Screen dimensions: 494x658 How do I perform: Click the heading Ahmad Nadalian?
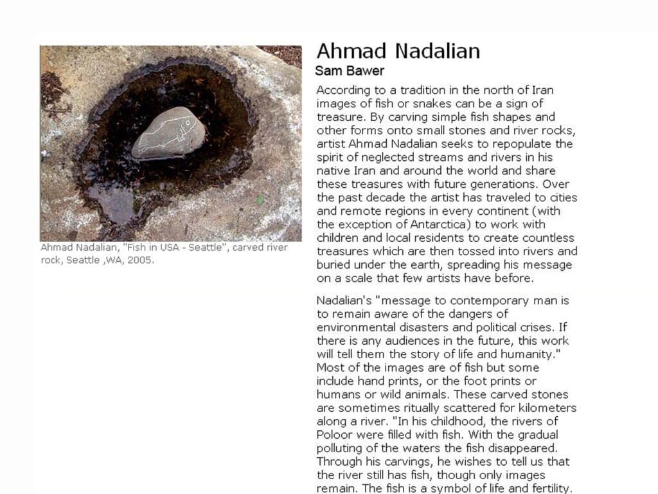398,51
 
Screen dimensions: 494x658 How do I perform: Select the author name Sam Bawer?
350,71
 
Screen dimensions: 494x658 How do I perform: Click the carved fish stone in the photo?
168,134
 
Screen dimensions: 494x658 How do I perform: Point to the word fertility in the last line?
548,488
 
